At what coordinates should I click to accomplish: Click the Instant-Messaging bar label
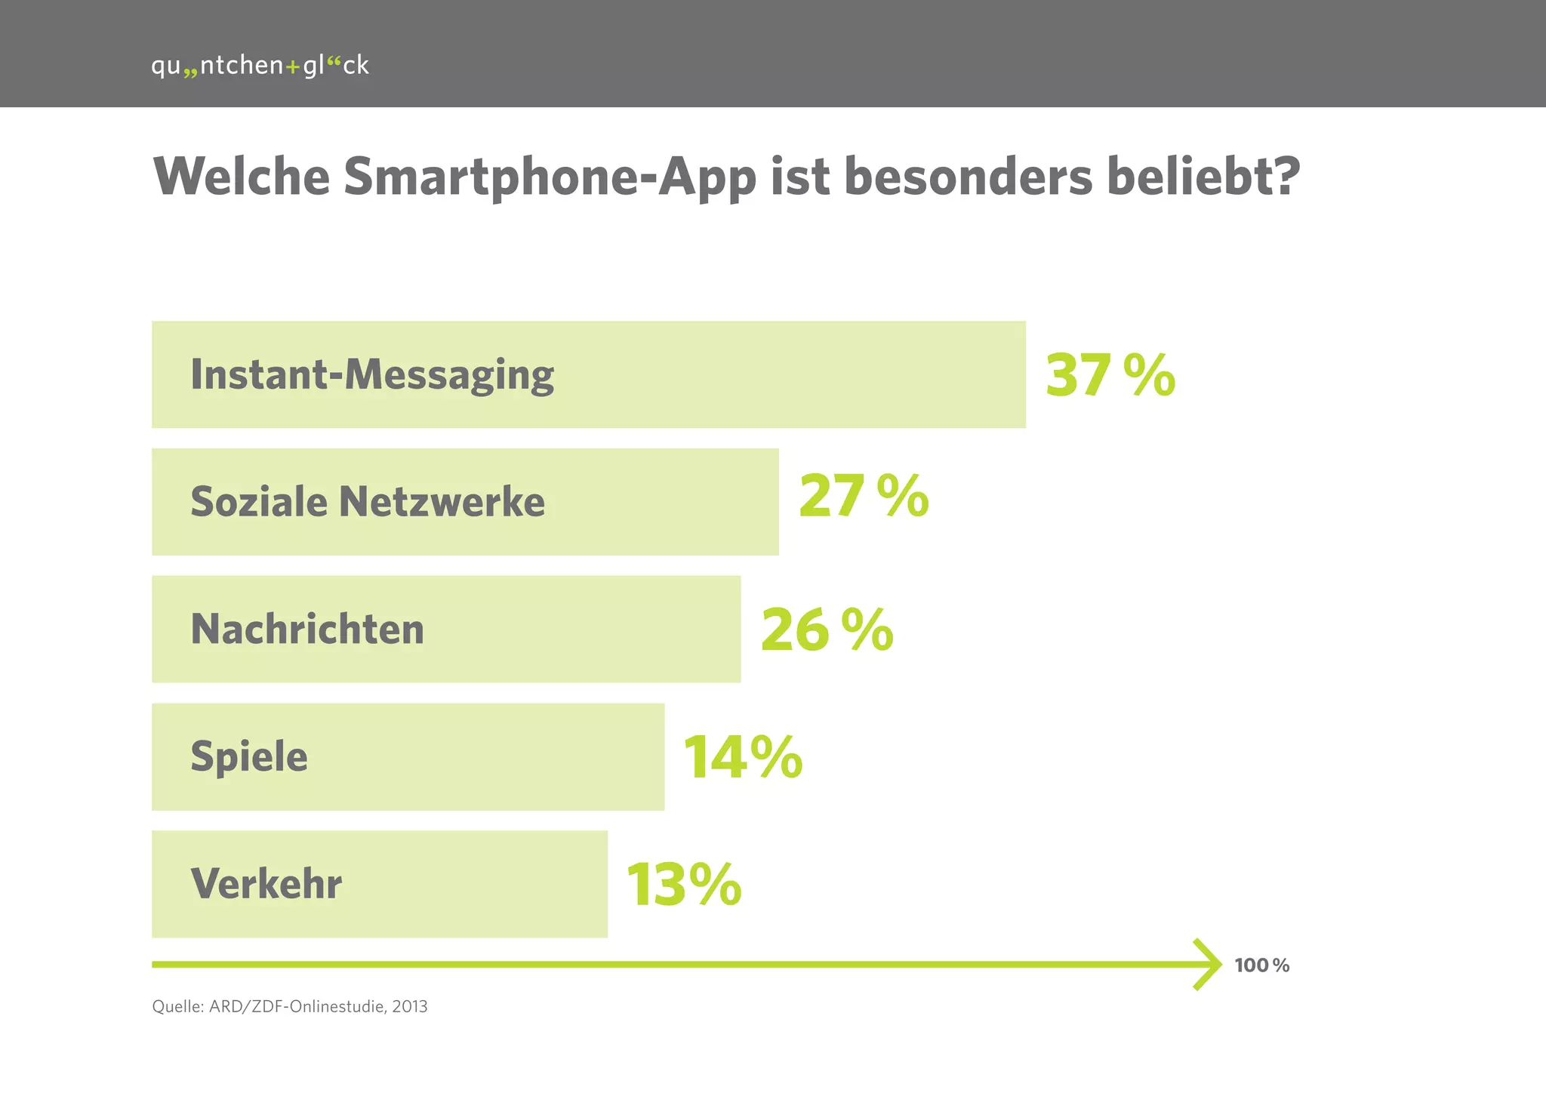pos(371,375)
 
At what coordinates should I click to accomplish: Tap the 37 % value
pos(1110,375)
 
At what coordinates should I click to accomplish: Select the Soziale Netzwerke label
pos(367,502)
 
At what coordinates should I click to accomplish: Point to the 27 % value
pos(863,497)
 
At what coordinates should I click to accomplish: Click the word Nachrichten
pos(307,629)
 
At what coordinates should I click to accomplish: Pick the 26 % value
pos(827,630)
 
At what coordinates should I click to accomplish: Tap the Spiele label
pos(249,757)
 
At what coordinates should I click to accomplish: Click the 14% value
pos(743,757)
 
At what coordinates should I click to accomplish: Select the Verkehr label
pos(266,884)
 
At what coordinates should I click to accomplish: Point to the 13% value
pos(684,885)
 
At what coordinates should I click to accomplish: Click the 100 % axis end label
pos(1261,965)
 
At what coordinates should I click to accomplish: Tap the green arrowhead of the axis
pos(1209,965)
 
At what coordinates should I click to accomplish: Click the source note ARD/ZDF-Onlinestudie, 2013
pos(290,1006)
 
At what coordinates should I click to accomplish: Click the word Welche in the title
pos(242,177)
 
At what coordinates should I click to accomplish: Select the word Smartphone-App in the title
pos(550,178)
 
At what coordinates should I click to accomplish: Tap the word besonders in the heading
pos(968,177)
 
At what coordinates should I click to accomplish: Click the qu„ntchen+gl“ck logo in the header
pos(260,66)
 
